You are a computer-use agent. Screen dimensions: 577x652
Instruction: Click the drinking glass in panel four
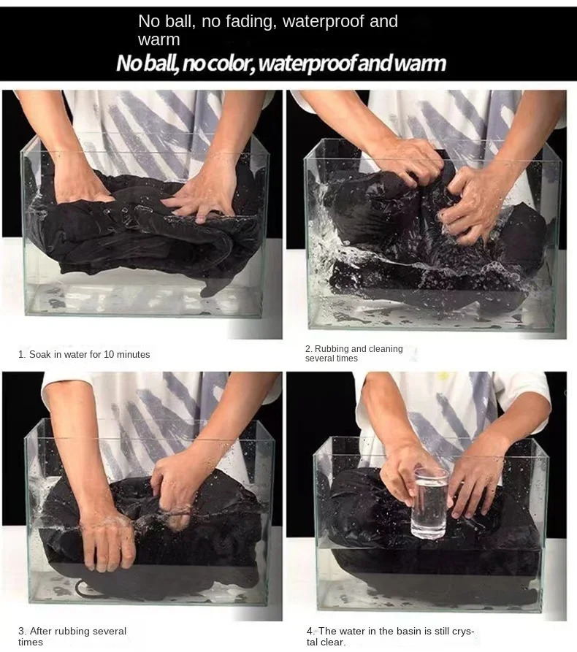[429, 503]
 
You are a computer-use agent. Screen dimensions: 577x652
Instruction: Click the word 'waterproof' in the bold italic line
[307, 64]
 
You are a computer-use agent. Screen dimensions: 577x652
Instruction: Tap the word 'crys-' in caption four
[463, 631]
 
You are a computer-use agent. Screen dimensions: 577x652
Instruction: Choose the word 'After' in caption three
[41, 631]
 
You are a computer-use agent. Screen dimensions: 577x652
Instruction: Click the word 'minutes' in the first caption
[133, 354]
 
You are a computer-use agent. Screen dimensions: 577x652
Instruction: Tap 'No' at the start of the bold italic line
[127, 64]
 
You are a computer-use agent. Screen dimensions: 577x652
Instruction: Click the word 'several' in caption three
[110, 631]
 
